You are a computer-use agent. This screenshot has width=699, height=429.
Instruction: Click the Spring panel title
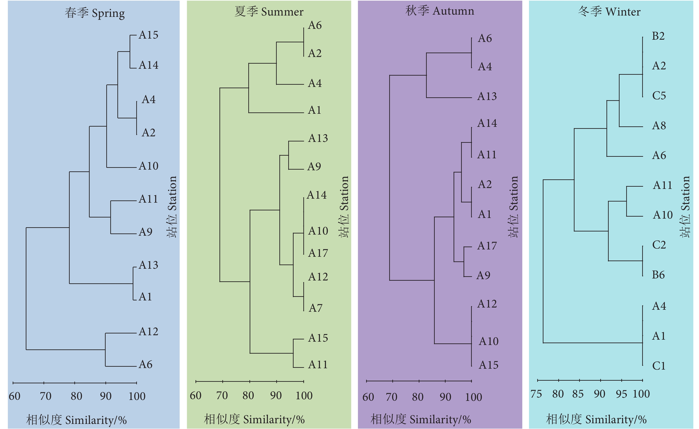[x=95, y=13]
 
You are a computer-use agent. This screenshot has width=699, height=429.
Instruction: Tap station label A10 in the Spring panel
[x=148, y=166]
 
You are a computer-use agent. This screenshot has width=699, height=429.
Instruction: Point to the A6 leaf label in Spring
[x=145, y=364]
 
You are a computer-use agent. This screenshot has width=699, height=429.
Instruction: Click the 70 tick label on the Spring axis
[x=45, y=396]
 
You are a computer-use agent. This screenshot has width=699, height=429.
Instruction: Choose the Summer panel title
[x=269, y=12]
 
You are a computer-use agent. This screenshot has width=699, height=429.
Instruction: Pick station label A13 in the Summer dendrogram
[x=318, y=138]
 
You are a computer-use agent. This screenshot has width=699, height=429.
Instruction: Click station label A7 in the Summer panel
[x=315, y=308]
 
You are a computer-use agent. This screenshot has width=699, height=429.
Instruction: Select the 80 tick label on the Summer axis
[x=248, y=395]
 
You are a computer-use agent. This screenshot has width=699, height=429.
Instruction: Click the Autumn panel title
[x=440, y=11]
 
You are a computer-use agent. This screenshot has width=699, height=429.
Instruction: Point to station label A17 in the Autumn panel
[x=487, y=246]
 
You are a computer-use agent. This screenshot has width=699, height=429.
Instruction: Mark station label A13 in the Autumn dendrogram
[x=487, y=96]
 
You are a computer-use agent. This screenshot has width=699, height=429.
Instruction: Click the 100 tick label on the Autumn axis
[x=473, y=397]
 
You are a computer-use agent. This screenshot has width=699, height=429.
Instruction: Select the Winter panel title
[x=609, y=12]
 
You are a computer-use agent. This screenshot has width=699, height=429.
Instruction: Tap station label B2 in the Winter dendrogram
[x=658, y=36]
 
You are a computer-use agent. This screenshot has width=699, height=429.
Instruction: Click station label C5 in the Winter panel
[x=659, y=96]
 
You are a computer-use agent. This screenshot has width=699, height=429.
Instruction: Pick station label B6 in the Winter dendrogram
[x=658, y=275]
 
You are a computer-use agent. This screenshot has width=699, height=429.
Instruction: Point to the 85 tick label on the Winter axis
[x=578, y=394]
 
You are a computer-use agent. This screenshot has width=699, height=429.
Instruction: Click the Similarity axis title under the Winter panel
[x=596, y=419]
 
